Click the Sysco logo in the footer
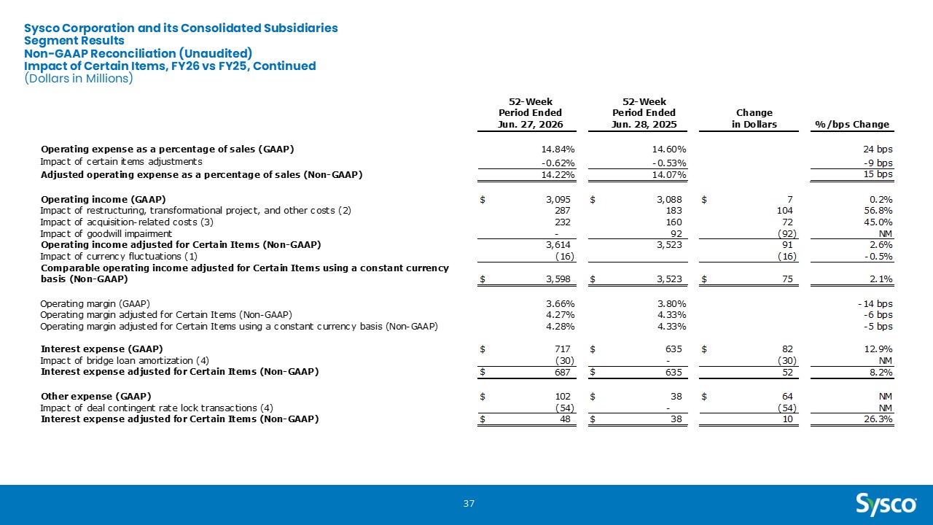[886, 505]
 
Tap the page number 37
[469, 504]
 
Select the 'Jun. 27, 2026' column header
[530, 124]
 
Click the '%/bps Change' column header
[852, 124]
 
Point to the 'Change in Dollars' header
[754, 118]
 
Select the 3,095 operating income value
[558, 200]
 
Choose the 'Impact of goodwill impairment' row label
[106, 234]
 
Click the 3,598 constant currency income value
[558, 279]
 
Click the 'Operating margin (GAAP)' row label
[95, 304]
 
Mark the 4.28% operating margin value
[561, 326]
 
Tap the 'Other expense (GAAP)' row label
[95, 396]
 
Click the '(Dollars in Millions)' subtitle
[78, 78]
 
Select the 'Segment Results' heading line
[74, 40]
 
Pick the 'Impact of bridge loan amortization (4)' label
[125, 360]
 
